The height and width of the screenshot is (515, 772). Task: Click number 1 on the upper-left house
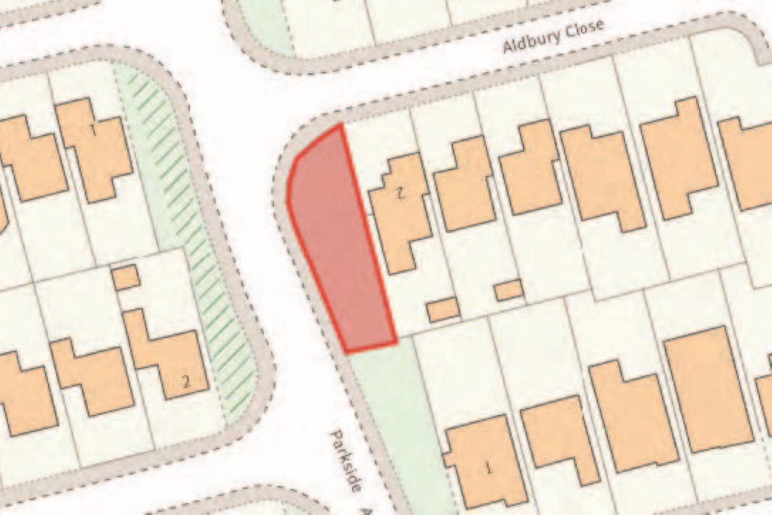pyautogui.click(x=93, y=130)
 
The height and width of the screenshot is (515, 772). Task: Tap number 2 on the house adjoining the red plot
pyautogui.click(x=400, y=193)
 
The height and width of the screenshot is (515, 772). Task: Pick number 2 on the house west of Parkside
pyautogui.click(x=186, y=381)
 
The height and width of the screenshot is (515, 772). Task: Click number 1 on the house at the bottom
pyautogui.click(x=488, y=468)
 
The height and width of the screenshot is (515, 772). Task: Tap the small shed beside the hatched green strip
pyautogui.click(x=126, y=277)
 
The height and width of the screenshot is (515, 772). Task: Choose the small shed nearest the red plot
pyautogui.click(x=443, y=309)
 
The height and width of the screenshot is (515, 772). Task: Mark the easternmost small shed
pyautogui.click(x=509, y=290)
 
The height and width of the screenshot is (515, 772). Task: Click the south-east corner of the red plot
pyautogui.click(x=396, y=342)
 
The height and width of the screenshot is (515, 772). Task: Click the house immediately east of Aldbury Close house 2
pyautogui.click(x=465, y=186)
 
